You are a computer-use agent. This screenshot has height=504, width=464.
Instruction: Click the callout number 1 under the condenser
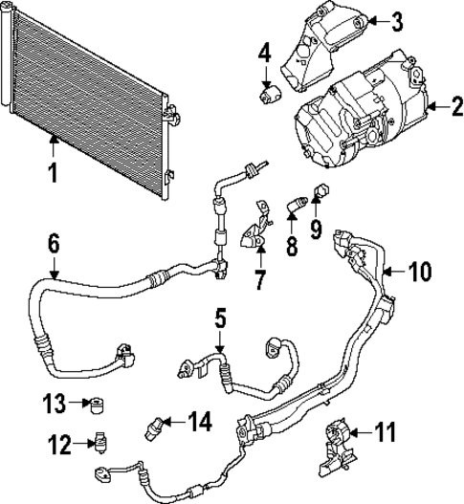click(x=54, y=173)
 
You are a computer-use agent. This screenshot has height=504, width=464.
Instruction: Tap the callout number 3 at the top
click(x=399, y=20)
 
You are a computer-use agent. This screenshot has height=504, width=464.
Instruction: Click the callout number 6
click(x=54, y=244)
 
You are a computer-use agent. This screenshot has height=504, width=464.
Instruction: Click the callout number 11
click(x=384, y=433)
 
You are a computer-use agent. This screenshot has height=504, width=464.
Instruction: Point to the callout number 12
click(x=59, y=442)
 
